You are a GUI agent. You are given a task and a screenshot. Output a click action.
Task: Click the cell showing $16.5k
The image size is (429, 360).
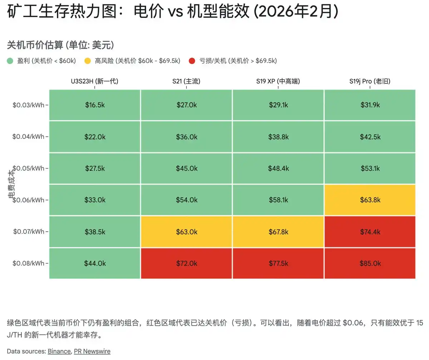coord(95,105)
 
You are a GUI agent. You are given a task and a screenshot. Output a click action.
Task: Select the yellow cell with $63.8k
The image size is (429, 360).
coord(370,200)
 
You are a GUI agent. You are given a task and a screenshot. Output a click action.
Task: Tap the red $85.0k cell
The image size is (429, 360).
coord(370,263)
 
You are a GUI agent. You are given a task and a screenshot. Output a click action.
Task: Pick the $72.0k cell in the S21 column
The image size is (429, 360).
coord(187,263)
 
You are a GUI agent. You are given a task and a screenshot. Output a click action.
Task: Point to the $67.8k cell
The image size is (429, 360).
coord(278,232)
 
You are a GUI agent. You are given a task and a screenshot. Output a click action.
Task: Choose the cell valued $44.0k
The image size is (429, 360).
coord(95,263)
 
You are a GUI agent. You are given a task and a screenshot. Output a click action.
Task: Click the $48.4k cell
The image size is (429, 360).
coord(278,168)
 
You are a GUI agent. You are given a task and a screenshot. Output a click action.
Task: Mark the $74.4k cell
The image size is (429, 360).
coord(370,232)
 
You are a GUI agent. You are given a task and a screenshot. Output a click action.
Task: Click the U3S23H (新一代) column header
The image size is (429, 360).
coord(94,81)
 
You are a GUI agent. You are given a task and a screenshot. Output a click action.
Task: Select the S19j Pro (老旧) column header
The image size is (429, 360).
coord(370,81)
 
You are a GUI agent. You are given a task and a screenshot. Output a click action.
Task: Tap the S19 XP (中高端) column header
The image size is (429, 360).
coord(278,81)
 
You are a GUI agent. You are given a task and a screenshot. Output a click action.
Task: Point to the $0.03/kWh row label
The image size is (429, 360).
coord(28,105)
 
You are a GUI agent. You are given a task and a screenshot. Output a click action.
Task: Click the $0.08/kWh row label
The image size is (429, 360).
coord(28,263)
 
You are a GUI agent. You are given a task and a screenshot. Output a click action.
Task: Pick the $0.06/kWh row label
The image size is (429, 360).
coord(28,200)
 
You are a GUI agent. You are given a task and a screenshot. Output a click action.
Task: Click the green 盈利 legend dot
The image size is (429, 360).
coord(10,61)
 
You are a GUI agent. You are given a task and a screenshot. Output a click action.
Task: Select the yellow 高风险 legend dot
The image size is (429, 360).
coord(88,61)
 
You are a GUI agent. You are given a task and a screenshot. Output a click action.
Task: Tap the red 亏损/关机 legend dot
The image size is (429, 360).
coord(192,61)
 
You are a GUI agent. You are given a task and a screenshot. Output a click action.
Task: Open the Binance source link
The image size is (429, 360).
coord(59,351)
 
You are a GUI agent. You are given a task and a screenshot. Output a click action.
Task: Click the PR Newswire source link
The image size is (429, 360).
coord(92,351)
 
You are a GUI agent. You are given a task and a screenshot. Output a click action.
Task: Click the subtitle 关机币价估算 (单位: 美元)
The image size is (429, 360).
coord(60,45)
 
